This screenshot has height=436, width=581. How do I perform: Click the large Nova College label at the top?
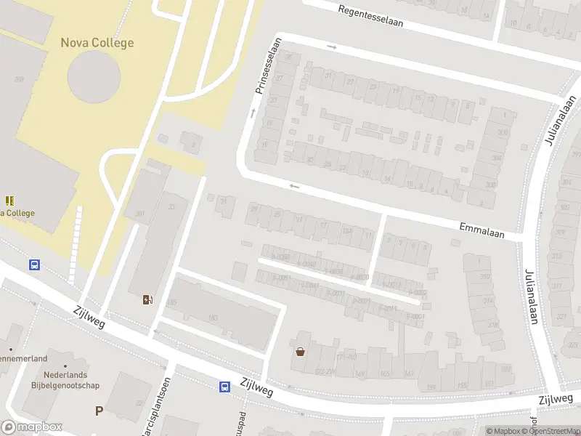tap(97, 43)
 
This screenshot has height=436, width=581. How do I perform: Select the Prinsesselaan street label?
tap(267, 66)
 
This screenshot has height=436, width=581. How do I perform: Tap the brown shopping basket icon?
tap(300, 352)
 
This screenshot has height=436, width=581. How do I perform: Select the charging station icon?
tap(148, 299)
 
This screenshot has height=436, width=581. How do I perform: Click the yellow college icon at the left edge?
tap(9, 200)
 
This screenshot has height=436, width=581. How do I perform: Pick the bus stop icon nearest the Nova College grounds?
tap(34, 265)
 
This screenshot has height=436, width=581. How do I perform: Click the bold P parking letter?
tap(99, 411)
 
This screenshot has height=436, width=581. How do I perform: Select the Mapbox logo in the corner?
tap(31, 427)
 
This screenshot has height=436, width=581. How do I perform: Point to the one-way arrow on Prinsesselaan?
tap(253, 113)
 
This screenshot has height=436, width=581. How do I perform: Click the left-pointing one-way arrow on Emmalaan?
tap(294, 186)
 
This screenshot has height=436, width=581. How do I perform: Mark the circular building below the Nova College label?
tap(94, 76)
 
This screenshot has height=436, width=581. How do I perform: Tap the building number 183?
tap(213, 318)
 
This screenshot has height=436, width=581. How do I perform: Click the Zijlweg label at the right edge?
tap(556, 399)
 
